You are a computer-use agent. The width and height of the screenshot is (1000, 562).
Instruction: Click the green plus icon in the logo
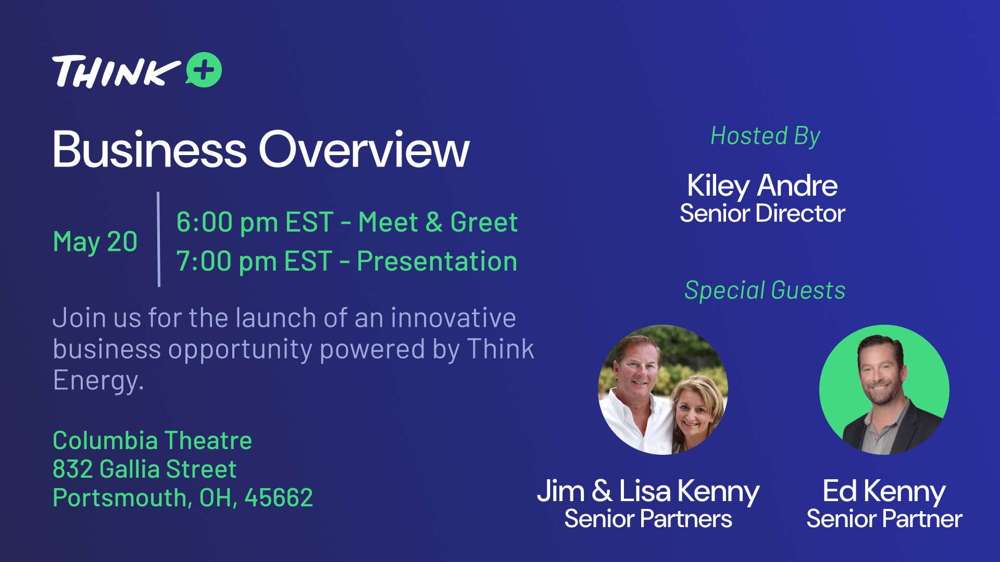click(x=204, y=70)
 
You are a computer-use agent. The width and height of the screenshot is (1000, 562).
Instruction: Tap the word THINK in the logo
click(x=116, y=71)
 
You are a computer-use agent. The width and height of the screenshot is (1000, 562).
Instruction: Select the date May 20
click(x=95, y=242)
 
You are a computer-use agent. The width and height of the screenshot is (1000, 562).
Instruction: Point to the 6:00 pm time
click(x=227, y=223)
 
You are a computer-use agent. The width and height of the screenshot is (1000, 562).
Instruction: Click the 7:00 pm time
click(x=226, y=261)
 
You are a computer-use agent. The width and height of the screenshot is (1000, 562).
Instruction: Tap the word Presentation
click(x=437, y=261)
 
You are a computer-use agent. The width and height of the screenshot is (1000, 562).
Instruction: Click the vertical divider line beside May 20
click(x=158, y=239)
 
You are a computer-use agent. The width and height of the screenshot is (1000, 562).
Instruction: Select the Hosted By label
click(x=765, y=137)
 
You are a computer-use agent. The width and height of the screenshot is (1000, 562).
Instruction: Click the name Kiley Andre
click(x=762, y=186)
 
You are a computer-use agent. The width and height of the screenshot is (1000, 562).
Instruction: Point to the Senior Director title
click(x=762, y=213)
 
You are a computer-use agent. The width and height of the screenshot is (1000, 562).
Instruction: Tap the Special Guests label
click(x=765, y=290)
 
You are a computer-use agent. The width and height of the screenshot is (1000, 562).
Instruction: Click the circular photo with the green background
click(x=884, y=390)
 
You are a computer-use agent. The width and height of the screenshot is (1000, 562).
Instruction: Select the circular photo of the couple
click(x=663, y=390)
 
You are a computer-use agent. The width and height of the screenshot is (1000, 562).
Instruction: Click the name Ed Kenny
click(x=884, y=491)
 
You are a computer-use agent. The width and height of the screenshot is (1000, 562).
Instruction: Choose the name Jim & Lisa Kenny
click(x=648, y=491)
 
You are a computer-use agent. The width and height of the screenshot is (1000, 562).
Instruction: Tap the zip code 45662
click(x=279, y=498)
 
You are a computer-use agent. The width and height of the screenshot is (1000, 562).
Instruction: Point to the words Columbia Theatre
click(x=152, y=441)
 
